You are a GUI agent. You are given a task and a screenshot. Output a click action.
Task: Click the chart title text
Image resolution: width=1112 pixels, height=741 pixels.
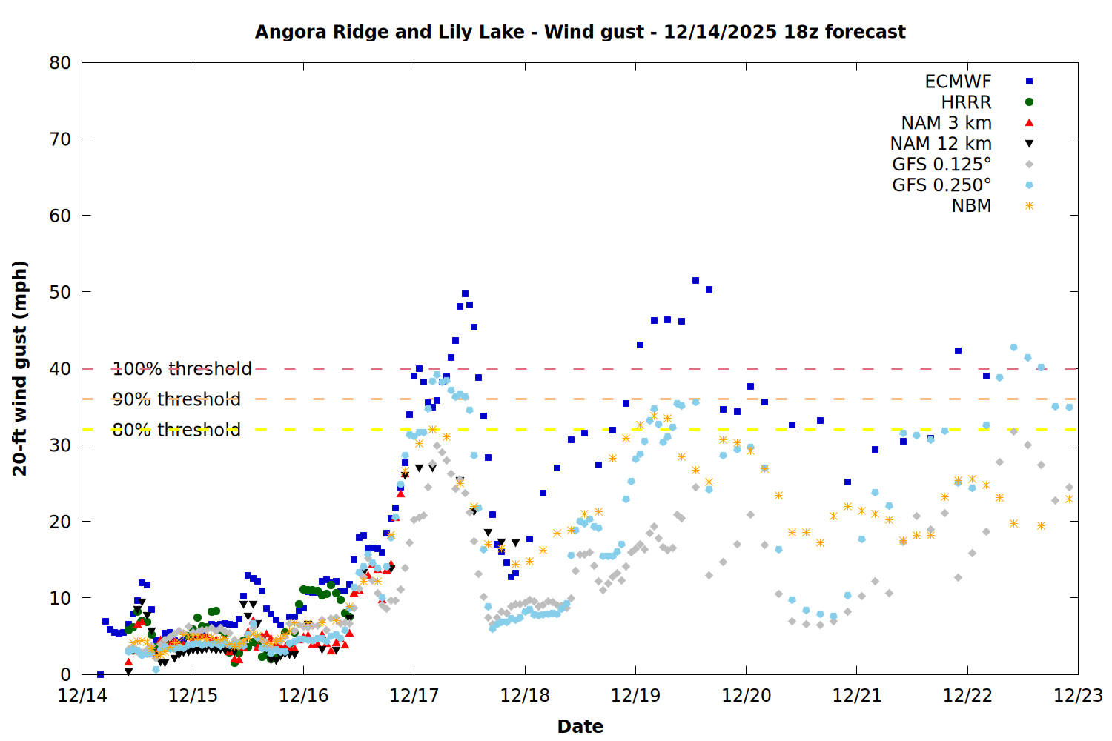pyautogui.click(x=580, y=32)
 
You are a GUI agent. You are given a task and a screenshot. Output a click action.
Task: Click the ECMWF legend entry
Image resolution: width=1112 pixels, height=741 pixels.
pyautogui.click(x=958, y=82)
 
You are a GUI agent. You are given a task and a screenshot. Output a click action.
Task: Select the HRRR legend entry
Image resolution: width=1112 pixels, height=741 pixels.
pyautogui.click(x=966, y=102)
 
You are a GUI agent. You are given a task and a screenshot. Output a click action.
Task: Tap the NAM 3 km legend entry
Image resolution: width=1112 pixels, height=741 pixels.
pyautogui.click(x=946, y=123)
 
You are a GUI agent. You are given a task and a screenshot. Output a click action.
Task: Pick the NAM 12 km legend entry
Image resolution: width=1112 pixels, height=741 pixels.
pyautogui.click(x=941, y=144)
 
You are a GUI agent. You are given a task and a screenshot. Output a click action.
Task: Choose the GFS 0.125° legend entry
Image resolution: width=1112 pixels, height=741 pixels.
pyautogui.click(x=941, y=165)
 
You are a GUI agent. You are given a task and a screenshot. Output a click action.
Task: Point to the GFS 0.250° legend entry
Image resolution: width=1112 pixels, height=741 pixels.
pyautogui.click(x=941, y=185)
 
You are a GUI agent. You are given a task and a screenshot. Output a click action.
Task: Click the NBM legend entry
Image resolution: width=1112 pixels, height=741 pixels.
pyautogui.click(x=971, y=206)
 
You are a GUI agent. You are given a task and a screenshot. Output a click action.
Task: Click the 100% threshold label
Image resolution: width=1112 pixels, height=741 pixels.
pyautogui.click(x=182, y=368)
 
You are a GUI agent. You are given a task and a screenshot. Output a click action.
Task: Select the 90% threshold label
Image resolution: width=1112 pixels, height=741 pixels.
pyautogui.click(x=176, y=399)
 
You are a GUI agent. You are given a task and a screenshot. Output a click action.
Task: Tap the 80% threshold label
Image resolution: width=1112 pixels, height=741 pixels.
pyautogui.click(x=176, y=430)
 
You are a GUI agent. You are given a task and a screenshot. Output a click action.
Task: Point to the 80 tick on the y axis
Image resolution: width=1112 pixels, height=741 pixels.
pyautogui.click(x=60, y=63)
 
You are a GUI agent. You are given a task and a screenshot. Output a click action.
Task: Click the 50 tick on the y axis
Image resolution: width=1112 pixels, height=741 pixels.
pyautogui.click(x=60, y=292)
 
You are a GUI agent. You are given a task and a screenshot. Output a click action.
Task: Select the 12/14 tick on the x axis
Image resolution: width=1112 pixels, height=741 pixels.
pyautogui.click(x=82, y=696)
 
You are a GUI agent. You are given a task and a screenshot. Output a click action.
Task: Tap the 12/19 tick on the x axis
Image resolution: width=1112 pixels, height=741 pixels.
pyautogui.click(x=635, y=696)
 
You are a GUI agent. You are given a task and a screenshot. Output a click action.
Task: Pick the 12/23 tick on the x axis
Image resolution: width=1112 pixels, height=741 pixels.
pyautogui.click(x=1078, y=696)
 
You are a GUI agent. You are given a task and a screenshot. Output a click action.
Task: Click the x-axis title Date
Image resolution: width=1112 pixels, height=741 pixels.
pyautogui.click(x=580, y=726)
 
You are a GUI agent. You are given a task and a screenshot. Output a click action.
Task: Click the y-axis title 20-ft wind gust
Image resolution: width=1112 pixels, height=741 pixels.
pyautogui.click(x=20, y=368)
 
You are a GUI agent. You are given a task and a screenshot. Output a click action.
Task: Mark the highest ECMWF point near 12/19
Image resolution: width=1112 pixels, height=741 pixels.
pyautogui.click(x=695, y=280)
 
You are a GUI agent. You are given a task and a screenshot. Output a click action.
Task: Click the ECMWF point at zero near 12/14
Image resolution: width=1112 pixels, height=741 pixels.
pyautogui.click(x=100, y=674)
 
